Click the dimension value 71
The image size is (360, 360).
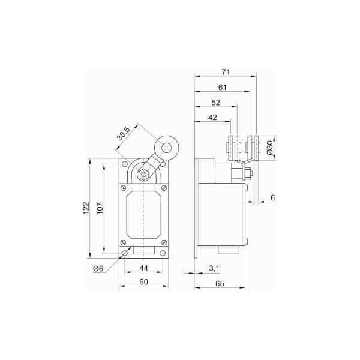[226, 72]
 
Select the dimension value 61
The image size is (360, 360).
[222, 88]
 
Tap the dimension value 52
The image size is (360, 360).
[216, 103]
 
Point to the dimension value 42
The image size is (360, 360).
[212, 118]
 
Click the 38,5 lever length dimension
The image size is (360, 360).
[124, 134]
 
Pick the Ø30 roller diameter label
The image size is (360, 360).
[269, 148]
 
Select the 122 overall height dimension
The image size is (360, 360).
[86, 208]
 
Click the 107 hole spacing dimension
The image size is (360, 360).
[100, 208]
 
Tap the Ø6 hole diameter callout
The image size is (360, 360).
[98, 268]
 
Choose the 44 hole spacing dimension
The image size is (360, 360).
[144, 268]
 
